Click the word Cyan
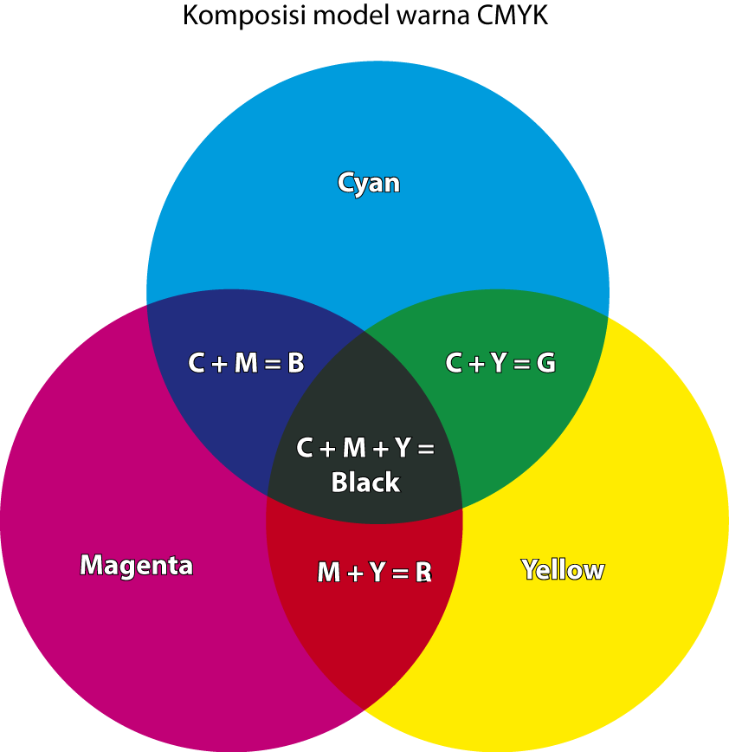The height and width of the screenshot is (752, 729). click(x=369, y=183)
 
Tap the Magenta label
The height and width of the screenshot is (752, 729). click(x=136, y=566)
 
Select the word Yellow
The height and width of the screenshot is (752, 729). click(x=563, y=570)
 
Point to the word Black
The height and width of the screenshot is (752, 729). click(x=365, y=483)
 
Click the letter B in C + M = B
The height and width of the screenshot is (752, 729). click(x=295, y=364)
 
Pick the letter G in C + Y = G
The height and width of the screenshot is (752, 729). click(x=545, y=364)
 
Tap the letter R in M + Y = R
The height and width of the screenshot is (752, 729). click(x=423, y=573)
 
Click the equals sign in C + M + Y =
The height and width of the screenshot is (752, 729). click(x=425, y=449)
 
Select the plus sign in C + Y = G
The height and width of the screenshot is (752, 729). click(x=476, y=365)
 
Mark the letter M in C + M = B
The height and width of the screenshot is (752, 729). click(x=246, y=364)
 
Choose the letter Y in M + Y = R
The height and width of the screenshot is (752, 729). click(x=377, y=573)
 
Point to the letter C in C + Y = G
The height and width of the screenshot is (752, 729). click(x=454, y=364)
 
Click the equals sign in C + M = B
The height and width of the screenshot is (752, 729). click(x=272, y=365)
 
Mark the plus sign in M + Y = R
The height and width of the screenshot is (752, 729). click(x=355, y=574)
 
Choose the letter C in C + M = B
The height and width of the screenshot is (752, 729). click(x=197, y=364)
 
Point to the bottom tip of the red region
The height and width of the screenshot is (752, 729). click(x=364, y=707)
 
